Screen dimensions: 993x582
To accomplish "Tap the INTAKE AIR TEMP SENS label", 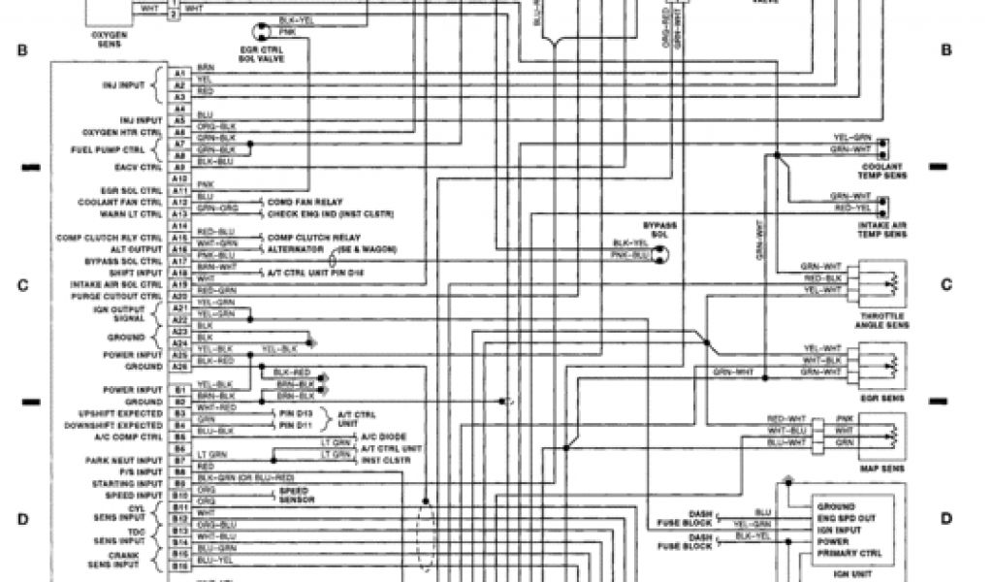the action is coord(881,231).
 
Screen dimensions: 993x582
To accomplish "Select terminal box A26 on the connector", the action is coord(178,368).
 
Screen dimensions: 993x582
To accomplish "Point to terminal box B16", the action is coord(178,561).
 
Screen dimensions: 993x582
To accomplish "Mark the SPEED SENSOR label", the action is coord(295,495).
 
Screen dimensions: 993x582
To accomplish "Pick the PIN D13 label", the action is coord(294,413).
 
